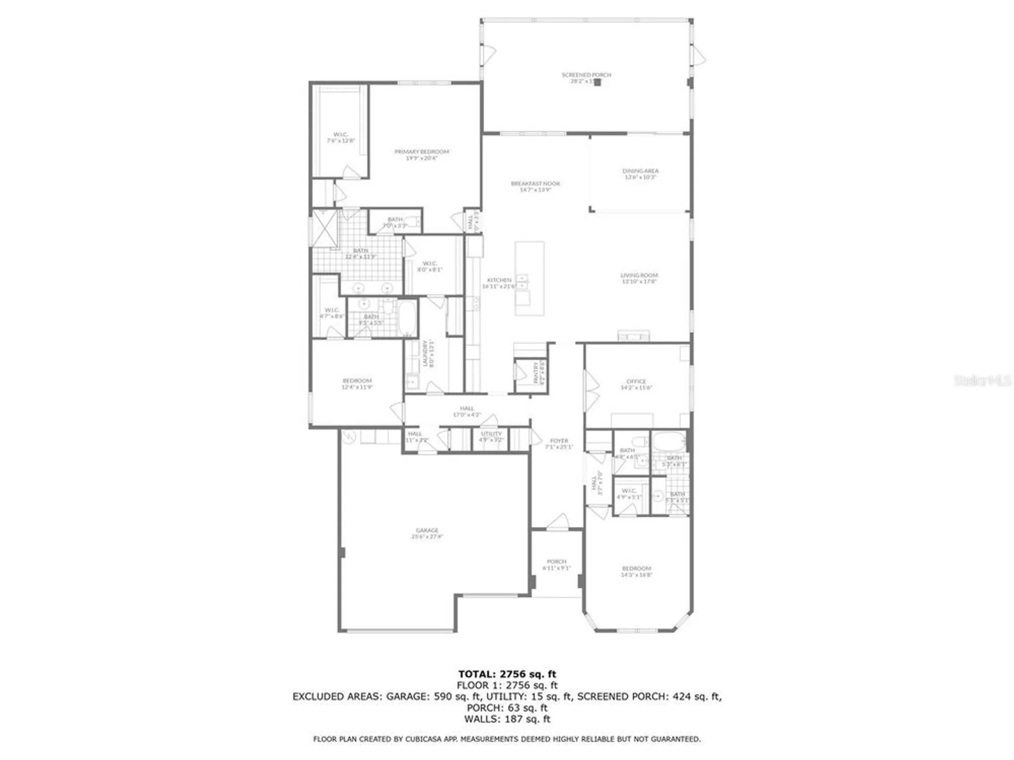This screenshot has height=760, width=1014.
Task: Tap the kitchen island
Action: click(529, 279)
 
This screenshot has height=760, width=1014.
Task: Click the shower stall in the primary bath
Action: click(324, 228)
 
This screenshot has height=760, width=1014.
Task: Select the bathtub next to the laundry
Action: click(407, 318)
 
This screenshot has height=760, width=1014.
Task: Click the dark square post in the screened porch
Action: click(598, 82)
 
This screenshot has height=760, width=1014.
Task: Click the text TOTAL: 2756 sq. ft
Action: click(507, 674)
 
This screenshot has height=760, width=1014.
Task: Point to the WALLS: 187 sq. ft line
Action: click(507, 719)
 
